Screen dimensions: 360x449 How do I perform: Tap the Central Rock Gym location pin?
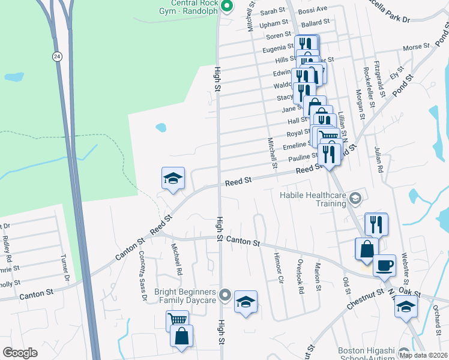[x=226, y=7]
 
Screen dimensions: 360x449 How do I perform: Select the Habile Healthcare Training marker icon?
[x=355, y=199]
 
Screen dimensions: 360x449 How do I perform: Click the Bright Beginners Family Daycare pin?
[x=224, y=295]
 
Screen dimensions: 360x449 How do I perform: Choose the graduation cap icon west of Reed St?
[x=172, y=178]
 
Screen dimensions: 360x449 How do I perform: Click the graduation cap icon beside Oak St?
[x=406, y=307]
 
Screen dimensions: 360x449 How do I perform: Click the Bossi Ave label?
[x=314, y=8]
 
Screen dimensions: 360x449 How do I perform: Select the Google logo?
[x=19, y=353]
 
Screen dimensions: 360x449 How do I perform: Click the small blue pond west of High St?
[x=160, y=127]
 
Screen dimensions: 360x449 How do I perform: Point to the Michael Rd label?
[x=177, y=260]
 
